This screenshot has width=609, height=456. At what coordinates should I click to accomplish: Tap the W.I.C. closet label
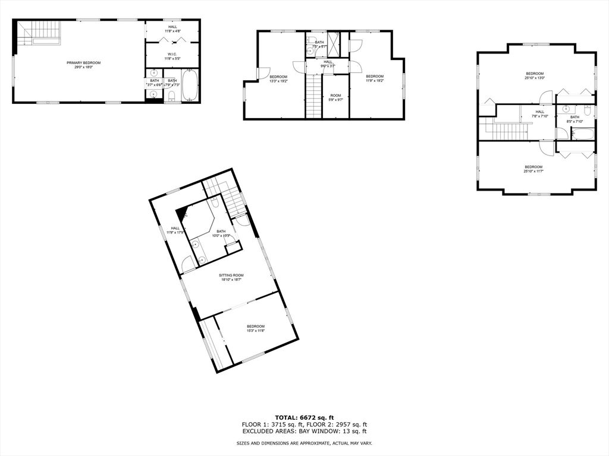(172, 56)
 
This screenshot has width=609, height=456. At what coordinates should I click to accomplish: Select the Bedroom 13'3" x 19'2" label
(278, 79)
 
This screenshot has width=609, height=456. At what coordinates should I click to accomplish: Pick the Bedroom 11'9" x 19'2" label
(375, 79)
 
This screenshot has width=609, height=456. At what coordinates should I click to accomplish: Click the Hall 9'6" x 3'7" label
(328, 64)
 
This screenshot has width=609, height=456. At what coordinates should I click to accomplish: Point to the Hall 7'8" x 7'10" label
(539, 114)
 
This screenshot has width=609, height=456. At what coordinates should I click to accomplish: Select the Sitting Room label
(231, 277)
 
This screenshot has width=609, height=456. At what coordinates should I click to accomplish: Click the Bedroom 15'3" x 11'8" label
(256, 329)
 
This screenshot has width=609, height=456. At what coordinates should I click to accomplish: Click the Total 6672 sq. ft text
(304, 417)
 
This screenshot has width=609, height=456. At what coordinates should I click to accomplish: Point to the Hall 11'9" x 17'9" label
(175, 230)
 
